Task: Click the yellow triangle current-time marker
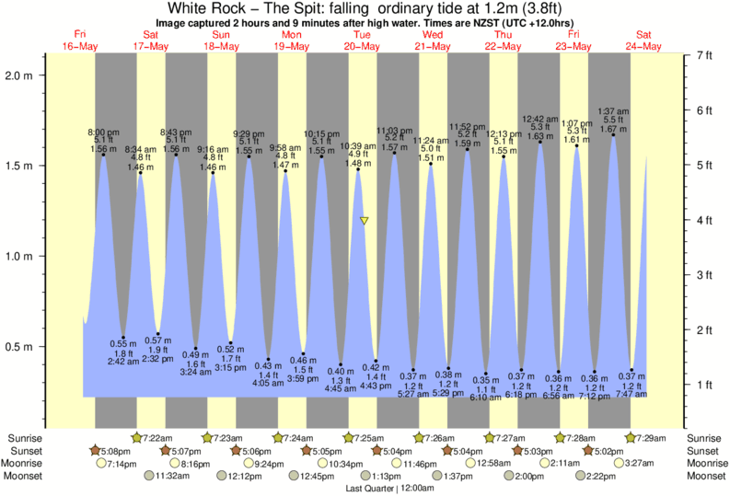point(365,221)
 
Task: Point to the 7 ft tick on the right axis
point(704,56)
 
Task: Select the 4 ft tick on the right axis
point(704,220)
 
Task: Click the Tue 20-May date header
point(362,40)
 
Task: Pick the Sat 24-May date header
point(643,40)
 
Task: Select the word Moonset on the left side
point(25,476)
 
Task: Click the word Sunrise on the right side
point(705,437)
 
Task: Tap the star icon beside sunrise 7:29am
point(632,437)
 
